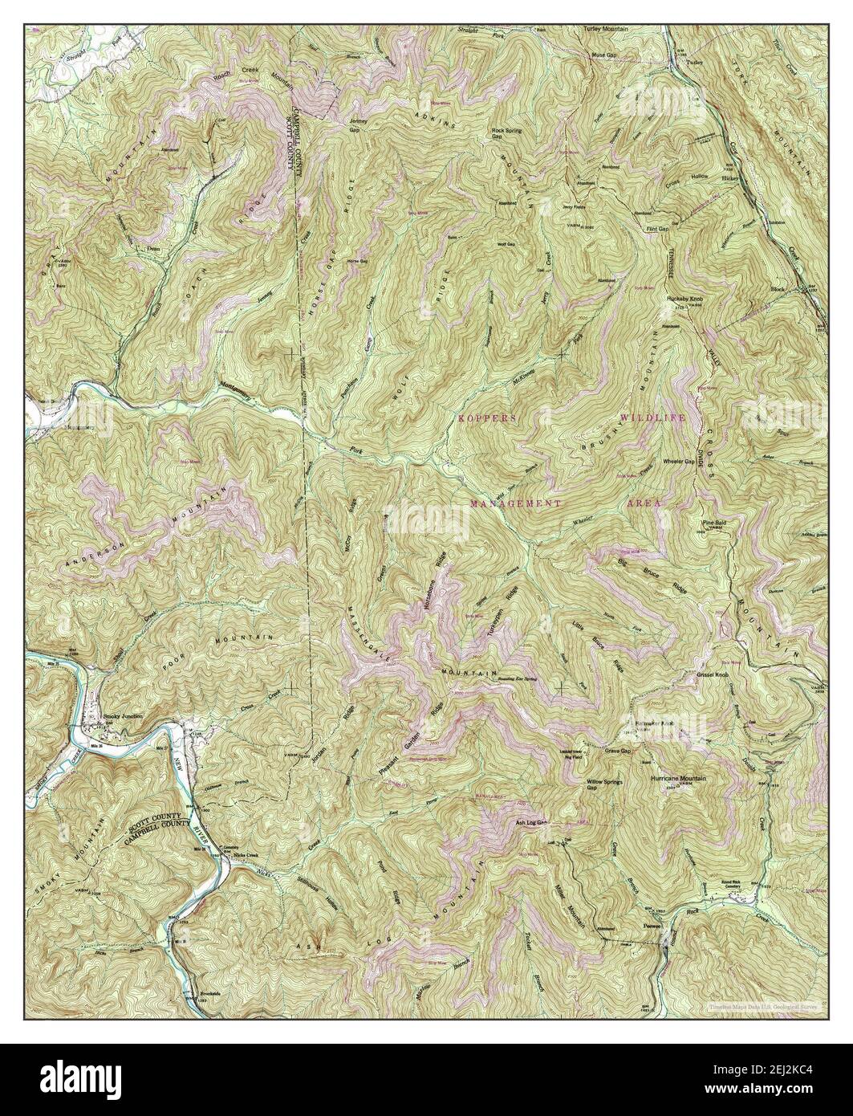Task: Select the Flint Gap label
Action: tap(657, 228)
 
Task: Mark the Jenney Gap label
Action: tap(358, 125)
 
